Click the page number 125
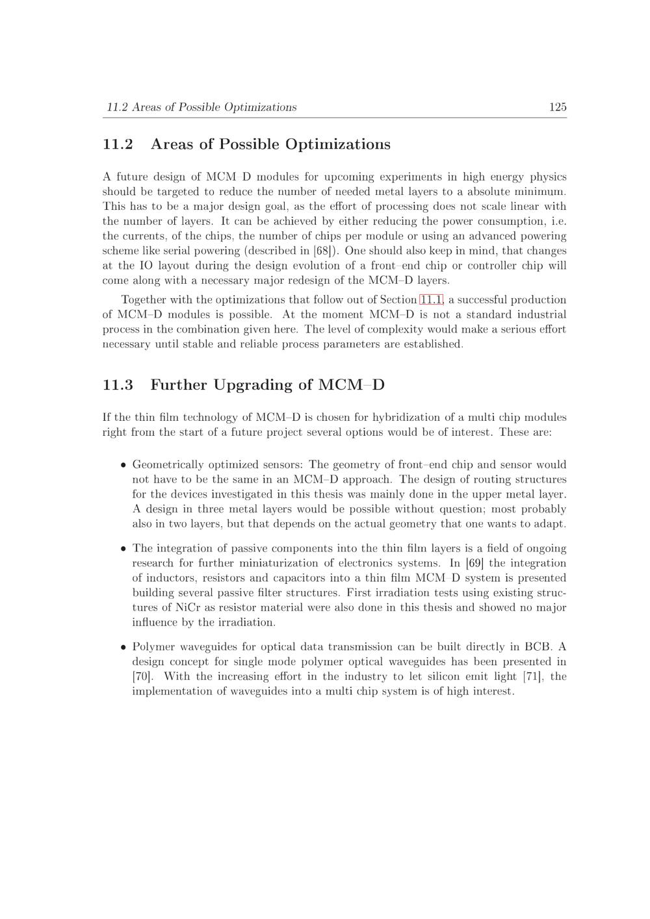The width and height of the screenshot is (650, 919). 558,107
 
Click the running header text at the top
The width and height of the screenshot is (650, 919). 201,107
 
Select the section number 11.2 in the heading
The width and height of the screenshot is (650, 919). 118,144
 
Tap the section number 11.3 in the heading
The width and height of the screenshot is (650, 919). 118,385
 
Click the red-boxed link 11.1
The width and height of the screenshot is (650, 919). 432,299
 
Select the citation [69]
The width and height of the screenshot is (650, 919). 474,563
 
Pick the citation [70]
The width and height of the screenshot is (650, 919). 142,676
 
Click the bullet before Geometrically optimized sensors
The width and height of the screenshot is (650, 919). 123,466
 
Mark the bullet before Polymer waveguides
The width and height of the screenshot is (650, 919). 123,648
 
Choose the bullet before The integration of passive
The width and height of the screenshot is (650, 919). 123,549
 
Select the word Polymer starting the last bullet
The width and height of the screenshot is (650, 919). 153,647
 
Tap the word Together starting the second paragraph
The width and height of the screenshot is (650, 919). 144,299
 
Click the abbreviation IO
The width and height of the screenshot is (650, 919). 146,266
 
